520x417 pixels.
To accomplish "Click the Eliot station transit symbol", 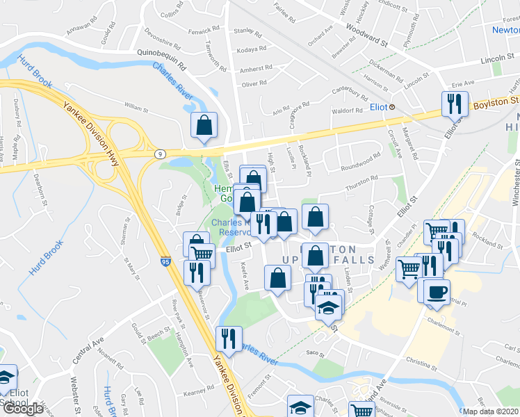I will coord(392,107).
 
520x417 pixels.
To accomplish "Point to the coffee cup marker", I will coord(437,291).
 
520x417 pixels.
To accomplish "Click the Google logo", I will coord(22,409).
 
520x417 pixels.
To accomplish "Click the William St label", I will coord(137,108).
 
